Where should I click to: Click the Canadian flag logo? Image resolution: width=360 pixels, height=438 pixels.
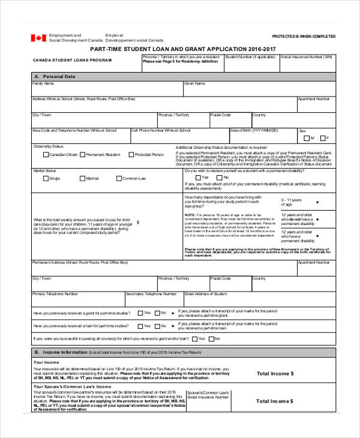[38, 37]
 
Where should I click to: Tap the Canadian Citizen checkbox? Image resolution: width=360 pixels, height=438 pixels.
[46, 155]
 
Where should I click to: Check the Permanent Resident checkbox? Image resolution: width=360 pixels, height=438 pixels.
[82, 155]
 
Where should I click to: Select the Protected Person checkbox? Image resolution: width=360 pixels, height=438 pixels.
[131, 155]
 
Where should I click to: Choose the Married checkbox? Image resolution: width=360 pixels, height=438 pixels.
[82, 178]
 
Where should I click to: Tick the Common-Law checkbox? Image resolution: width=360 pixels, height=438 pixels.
[118, 178]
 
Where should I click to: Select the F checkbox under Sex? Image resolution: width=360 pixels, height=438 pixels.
[322, 138]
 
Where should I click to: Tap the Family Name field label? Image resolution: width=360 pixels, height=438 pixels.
[43, 83]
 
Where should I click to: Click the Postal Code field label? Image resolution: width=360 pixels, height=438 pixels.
[220, 115]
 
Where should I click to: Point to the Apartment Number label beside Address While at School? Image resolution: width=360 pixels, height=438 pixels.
[313, 99]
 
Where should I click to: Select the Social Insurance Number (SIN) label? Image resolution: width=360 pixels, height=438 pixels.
[307, 57]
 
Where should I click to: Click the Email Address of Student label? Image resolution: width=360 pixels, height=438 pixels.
[206, 294]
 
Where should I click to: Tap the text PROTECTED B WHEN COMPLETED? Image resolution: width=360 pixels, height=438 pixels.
[304, 37]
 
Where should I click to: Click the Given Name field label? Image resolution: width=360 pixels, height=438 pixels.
[195, 83]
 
